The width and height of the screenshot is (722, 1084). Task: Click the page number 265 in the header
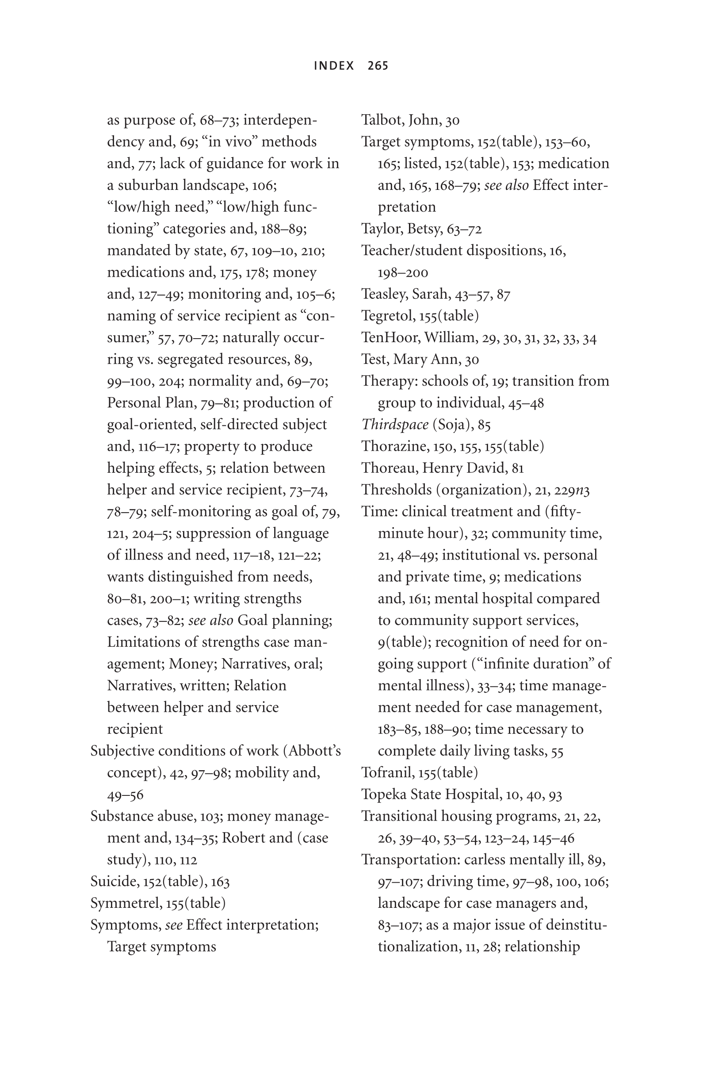378,66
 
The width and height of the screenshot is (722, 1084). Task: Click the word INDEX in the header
334,66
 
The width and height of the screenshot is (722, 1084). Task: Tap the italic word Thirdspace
395,424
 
